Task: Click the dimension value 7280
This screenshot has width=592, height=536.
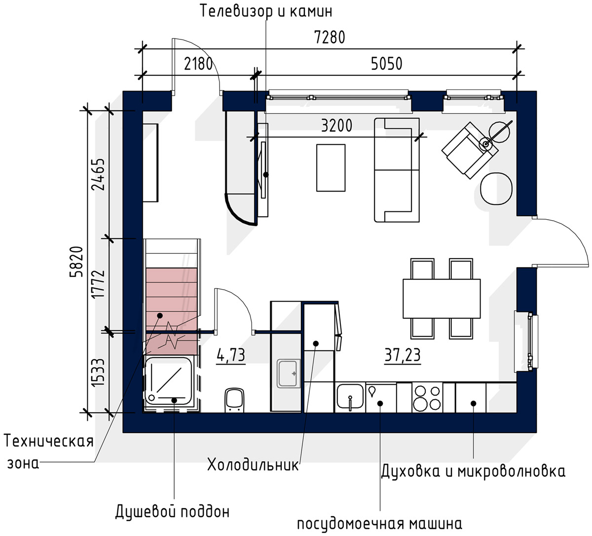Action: coord(330,37)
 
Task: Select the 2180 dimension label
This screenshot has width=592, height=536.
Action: coord(198,64)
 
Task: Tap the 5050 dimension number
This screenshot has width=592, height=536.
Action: coord(386,64)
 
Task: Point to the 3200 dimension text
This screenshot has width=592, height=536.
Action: coord(336,126)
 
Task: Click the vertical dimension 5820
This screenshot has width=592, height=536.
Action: coord(76,262)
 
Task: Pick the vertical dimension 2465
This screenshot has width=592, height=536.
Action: coord(98,174)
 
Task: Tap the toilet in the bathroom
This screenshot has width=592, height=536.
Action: coord(234,400)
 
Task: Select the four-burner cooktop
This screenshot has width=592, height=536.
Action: coord(427,398)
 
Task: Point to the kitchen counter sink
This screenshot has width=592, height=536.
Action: coord(350,397)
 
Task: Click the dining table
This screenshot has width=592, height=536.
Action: coord(442,299)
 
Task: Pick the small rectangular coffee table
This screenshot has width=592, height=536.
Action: coord(331,168)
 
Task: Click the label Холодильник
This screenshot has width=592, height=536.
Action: coord(253,465)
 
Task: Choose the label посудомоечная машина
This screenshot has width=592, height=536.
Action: coord(379,524)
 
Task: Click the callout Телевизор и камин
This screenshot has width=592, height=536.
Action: coord(266,11)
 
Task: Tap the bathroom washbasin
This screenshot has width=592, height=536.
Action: coord(288,373)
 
